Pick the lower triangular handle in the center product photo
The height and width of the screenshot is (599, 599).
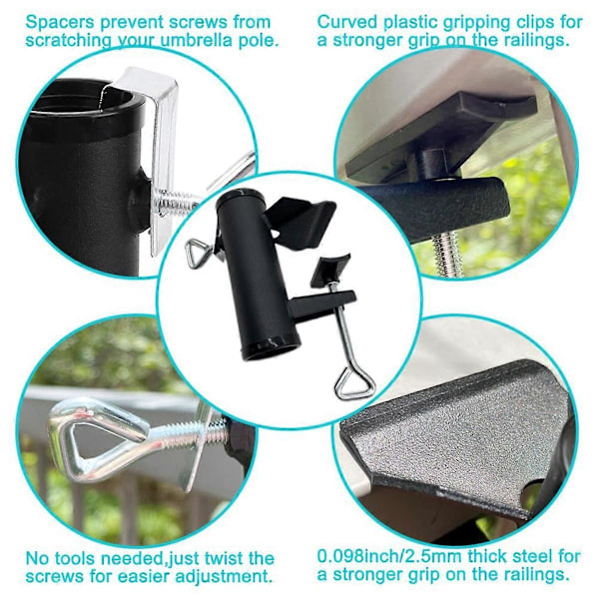(x=355, y=384)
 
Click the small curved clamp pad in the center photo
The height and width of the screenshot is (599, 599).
(x=329, y=269)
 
